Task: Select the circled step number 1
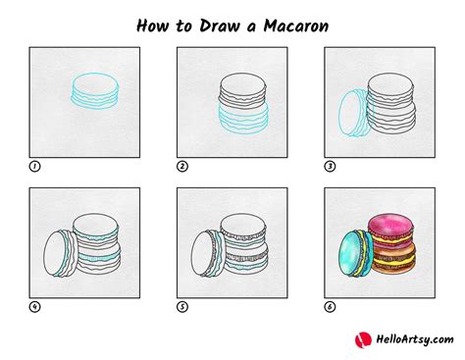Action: tap(34, 167)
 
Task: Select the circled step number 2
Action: tap(181, 167)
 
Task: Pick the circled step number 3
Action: tap(329, 167)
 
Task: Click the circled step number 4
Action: tap(34, 307)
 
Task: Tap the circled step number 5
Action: tap(181, 307)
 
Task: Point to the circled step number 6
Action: tap(329, 307)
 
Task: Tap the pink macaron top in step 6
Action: tap(389, 222)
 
